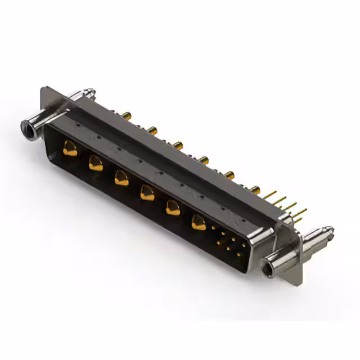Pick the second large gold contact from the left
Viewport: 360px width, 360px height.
click(x=94, y=164)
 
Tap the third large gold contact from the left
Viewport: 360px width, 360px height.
click(x=120, y=178)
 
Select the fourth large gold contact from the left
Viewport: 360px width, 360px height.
click(x=146, y=193)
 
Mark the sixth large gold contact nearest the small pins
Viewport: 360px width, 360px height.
click(x=198, y=223)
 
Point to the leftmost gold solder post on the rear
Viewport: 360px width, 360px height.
click(x=128, y=116)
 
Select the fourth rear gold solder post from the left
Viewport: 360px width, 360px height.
click(x=204, y=160)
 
